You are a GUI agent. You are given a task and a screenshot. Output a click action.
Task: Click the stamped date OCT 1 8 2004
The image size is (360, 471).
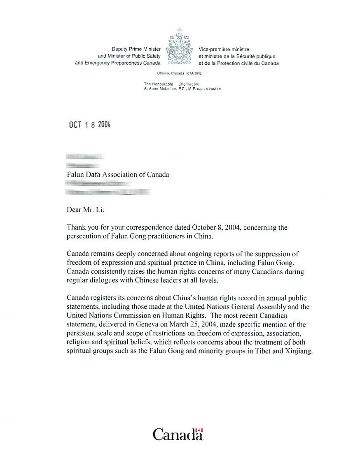pos(89,125)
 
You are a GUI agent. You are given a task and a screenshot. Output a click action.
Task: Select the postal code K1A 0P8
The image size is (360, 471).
pos(194,73)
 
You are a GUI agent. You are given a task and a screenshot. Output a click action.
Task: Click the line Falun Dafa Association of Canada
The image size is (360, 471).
pos(118,174)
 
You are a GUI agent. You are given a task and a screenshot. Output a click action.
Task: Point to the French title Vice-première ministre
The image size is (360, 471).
pos(224,49)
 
